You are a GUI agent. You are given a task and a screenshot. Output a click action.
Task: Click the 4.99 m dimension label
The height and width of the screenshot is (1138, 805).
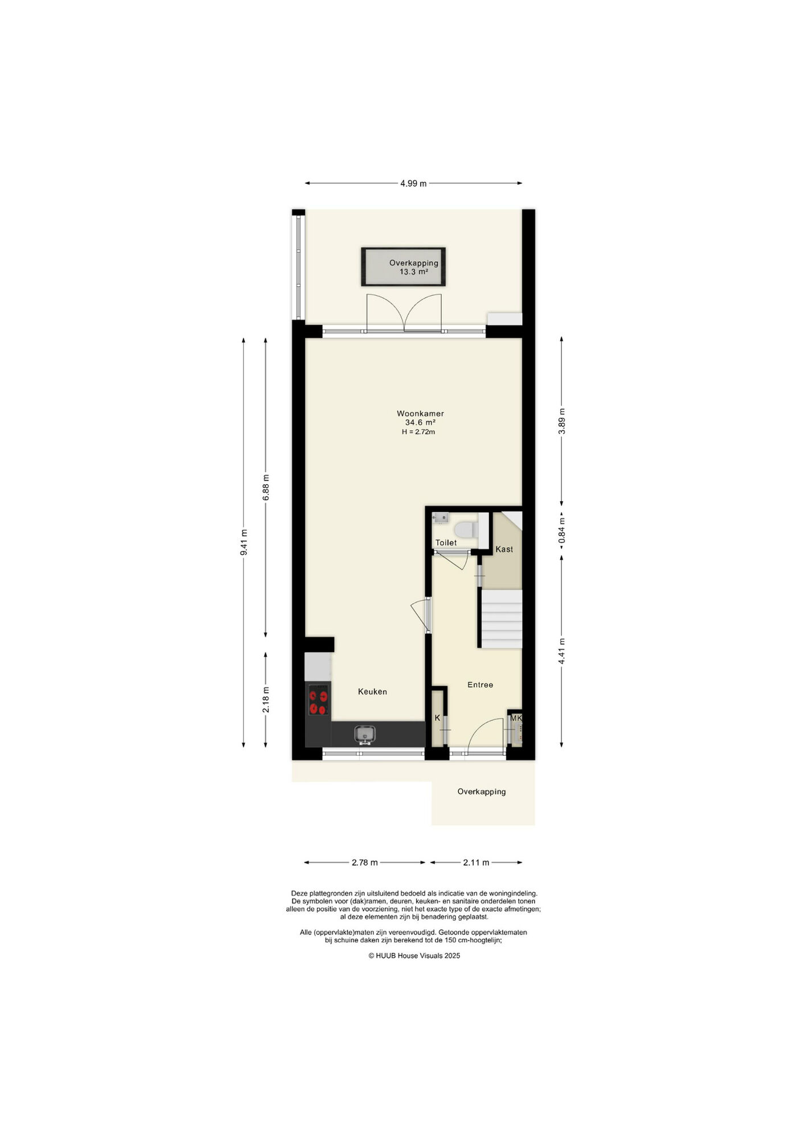point(413,183)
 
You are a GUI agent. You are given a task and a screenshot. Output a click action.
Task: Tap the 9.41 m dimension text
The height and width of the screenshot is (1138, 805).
point(244,542)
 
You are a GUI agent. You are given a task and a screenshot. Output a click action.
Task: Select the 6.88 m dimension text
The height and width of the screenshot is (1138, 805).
point(265,487)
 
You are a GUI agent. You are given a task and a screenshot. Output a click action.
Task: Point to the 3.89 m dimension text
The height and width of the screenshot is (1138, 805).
point(561,421)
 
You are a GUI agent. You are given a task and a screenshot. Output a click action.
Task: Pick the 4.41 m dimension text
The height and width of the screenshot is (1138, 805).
point(561,651)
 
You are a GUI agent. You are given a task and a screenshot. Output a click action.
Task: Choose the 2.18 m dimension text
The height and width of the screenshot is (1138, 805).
point(265,700)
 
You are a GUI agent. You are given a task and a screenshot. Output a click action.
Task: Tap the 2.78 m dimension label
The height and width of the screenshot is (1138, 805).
point(365,862)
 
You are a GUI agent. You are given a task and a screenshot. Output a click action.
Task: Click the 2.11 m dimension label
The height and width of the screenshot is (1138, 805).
point(476,862)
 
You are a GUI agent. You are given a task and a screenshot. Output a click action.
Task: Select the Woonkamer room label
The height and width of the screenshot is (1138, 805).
point(420,414)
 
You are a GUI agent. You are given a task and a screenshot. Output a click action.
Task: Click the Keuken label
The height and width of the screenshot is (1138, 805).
point(372,692)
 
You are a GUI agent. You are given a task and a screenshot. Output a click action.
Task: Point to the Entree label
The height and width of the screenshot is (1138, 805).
point(480,685)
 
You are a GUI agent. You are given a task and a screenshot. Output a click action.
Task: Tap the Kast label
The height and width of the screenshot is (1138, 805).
point(504,549)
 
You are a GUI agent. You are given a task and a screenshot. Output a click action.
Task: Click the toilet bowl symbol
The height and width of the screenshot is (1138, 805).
point(467,529)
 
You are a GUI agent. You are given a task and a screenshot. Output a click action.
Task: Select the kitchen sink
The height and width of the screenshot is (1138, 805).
point(364,735)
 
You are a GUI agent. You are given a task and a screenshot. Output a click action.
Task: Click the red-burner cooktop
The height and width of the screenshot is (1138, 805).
point(318,700)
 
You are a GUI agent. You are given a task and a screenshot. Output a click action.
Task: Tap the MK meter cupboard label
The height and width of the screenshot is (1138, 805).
point(516,718)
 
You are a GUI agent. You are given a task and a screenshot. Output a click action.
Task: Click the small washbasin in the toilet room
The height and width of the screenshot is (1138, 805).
point(441,518)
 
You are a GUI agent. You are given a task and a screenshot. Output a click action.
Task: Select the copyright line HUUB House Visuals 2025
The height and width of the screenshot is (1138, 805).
point(414,955)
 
